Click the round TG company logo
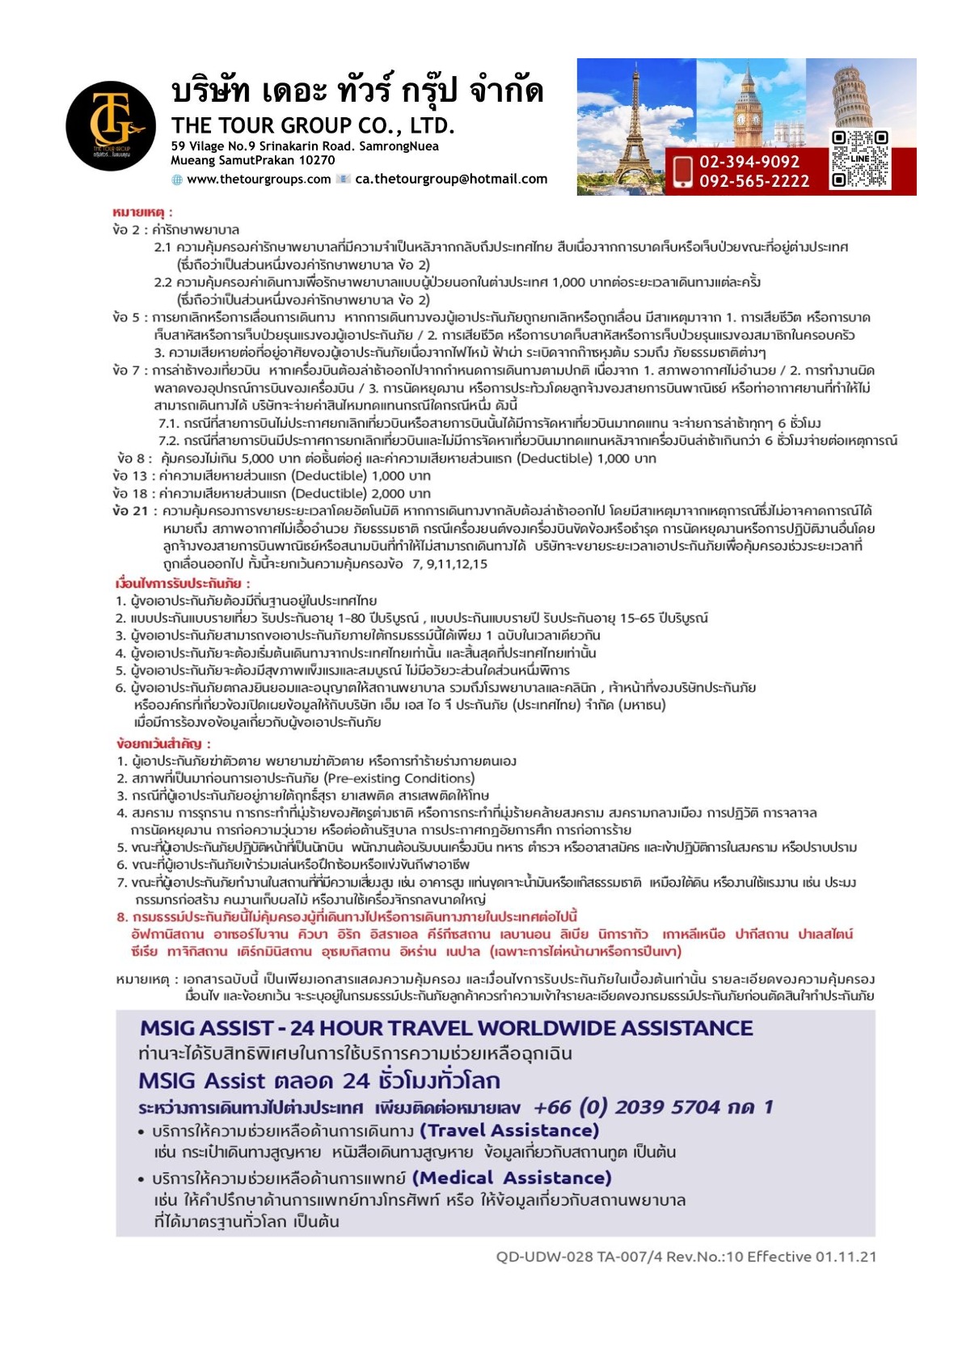tap(111, 125)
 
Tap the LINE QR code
tap(860, 159)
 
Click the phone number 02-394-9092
tap(749, 162)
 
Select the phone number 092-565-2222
tap(753, 181)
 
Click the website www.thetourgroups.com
tap(258, 180)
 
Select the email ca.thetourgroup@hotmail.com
tap(451, 180)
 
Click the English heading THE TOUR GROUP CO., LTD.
tap(313, 126)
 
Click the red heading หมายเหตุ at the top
tap(142, 213)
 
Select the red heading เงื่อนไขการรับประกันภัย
tap(183, 583)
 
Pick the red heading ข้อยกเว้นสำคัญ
tap(163, 743)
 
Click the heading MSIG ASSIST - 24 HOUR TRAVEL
tap(445, 1028)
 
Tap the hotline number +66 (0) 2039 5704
tap(627, 1107)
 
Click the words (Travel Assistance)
tap(509, 1130)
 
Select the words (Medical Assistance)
tap(512, 1177)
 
